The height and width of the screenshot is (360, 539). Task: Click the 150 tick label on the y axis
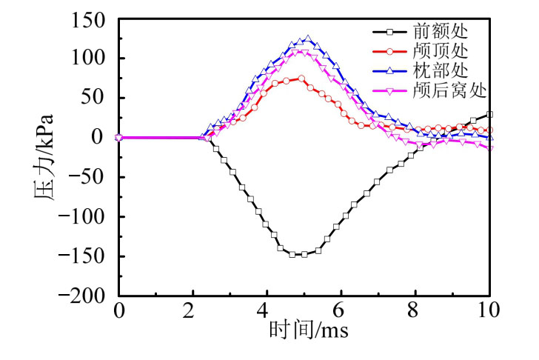[90, 20]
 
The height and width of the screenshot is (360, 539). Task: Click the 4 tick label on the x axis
[266, 310]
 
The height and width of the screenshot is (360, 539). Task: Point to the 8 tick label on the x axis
[415, 310]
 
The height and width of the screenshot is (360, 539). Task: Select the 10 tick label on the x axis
[488, 310]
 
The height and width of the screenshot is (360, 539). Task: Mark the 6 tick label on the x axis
[341, 310]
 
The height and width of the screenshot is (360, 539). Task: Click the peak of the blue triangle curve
[307, 39]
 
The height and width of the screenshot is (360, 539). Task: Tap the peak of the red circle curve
[301, 78]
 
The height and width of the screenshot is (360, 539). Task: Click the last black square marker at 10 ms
[489, 114]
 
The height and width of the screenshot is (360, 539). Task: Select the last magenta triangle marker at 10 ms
[489, 148]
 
